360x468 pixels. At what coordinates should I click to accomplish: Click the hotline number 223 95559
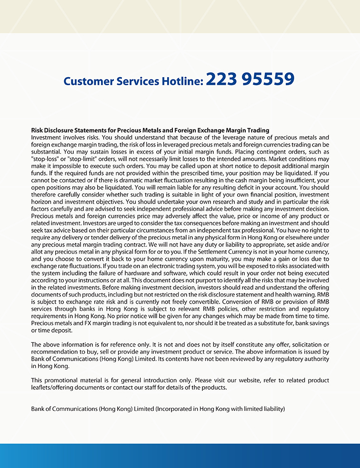point(250,80)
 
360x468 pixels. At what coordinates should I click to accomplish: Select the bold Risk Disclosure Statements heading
point(150,130)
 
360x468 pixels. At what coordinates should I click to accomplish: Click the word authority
point(315,359)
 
